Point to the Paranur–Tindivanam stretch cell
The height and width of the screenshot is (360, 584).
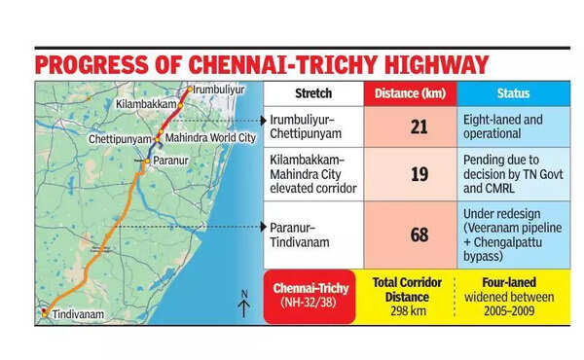tap(312, 234)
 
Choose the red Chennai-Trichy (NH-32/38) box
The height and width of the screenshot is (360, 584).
tap(308, 297)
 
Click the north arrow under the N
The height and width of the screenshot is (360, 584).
tap(244, 310)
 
